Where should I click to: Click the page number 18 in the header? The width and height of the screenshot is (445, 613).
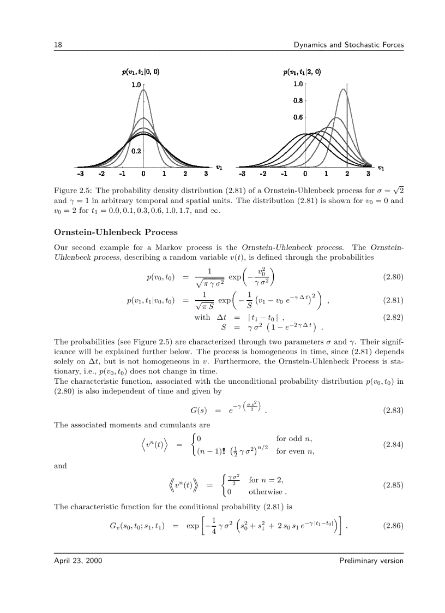click(x=57, y=45)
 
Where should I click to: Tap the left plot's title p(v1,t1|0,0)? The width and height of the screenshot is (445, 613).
click(x=141, y=72)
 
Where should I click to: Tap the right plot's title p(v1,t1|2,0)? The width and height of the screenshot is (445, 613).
click(x=302, y=72)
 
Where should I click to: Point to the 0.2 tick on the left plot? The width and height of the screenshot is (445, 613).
click(x=135, y=151)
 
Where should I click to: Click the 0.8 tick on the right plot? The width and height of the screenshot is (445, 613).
click(x=298, y=101)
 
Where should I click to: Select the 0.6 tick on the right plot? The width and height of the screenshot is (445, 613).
click(x=298, y=117)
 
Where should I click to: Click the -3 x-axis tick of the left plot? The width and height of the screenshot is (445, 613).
click(x=80, y=174)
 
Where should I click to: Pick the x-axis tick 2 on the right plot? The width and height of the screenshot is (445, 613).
click(x=347, y=174)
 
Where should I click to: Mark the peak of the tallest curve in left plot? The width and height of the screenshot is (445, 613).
click(x=143, y=90)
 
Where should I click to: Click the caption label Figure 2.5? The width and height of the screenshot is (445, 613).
click(x=74, y=191)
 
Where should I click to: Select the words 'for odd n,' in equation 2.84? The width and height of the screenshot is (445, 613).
click(x=294, y=438)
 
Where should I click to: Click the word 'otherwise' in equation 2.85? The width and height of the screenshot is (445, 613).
click(x=266, y=491)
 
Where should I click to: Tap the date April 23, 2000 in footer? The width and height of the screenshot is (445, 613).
click(x=77, y=561)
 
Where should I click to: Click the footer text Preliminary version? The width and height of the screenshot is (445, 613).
click(x=371, y=561)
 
